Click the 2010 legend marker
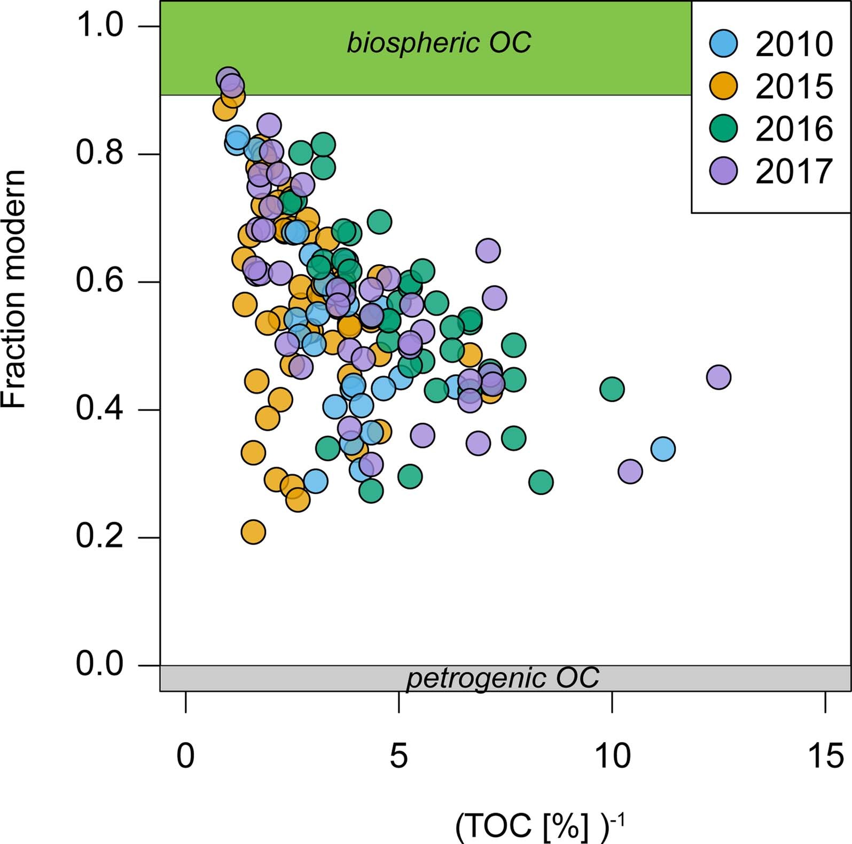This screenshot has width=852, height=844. [723, 43]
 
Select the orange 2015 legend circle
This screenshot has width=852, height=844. [723, 86]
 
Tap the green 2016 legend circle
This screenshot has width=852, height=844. [723, 128]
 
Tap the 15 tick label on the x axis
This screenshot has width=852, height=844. [825, 756]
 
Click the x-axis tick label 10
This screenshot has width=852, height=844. [612, 756]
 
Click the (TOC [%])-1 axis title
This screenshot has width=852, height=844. [540, 826]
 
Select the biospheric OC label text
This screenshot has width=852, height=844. [439, 43]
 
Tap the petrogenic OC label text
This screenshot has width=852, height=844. [503, 679]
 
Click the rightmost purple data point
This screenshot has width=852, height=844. [718, 377]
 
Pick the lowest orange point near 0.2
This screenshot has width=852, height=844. [253, 532]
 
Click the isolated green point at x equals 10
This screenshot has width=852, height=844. [612, 389]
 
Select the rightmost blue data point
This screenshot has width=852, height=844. [663, 448]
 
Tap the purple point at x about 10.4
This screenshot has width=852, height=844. [630, 471]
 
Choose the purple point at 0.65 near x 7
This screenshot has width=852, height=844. [488, 250]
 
